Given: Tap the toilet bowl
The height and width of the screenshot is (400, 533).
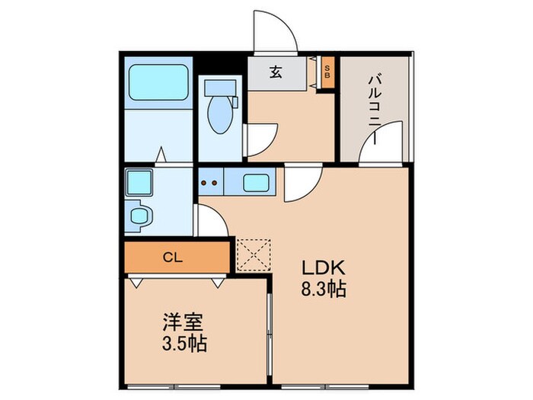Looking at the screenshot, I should pyautogui.click(x=222, y=110).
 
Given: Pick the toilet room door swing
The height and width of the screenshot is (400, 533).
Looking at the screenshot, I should pyautogui.click(x=260, y=139).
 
